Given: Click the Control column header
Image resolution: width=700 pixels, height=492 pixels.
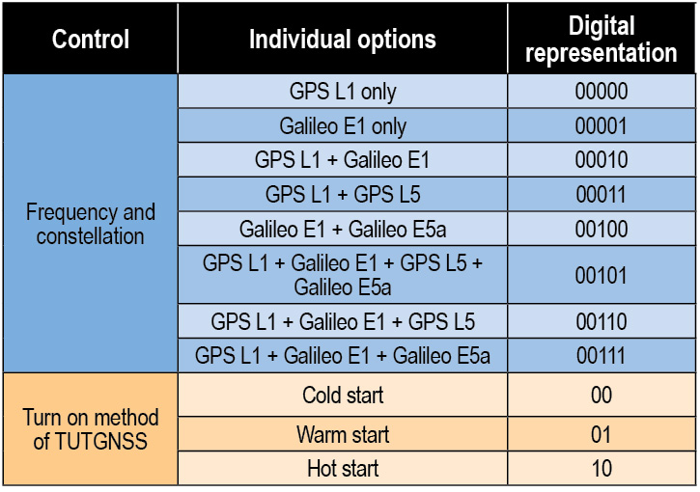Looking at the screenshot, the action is pos(91,40).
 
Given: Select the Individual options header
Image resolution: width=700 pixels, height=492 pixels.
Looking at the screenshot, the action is pos(343,40).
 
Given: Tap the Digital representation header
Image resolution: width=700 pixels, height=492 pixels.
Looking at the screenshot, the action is pos(602,39).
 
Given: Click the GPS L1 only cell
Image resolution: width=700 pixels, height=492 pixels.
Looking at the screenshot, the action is pos(343,92).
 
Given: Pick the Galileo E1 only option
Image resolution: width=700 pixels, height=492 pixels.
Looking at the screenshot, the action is pos(343,125).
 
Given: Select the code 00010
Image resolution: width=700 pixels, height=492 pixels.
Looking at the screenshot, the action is pos(602,160).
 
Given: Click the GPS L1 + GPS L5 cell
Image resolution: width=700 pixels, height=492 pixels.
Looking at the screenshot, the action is pos(343,195).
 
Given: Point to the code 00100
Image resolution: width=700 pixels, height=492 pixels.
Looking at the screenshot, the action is pos(602,229).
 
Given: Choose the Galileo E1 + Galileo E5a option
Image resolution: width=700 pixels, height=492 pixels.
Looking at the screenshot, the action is pos(343,229).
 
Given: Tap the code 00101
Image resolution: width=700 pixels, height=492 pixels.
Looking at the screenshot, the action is pos(602,275).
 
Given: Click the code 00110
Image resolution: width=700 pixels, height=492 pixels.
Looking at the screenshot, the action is pos(602,321).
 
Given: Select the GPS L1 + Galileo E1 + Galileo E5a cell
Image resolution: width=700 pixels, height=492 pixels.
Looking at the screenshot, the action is pos(343,356).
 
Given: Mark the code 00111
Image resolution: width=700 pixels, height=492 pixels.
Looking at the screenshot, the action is pos(602,356).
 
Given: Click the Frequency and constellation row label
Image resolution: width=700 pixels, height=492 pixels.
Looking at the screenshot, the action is pos(91,224).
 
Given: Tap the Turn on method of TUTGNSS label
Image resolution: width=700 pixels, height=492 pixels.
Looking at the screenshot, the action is pos(91,429).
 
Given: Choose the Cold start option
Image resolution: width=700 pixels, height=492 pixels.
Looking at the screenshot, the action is pos(343,396).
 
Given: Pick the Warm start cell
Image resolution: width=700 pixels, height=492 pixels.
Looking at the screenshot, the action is pos(343,434).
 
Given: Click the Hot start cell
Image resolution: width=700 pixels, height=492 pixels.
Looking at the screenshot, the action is pos(343,468).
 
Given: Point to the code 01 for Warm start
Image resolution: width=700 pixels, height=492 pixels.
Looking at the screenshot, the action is pos(602,434).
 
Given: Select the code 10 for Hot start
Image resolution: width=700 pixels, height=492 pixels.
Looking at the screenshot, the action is pos(602,468).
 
